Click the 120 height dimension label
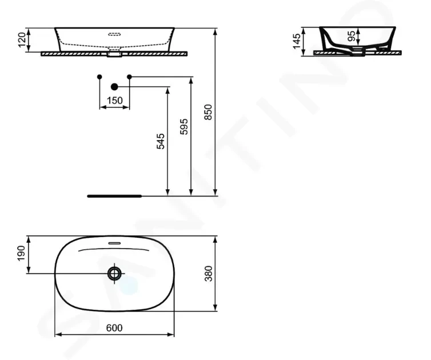point(22,40)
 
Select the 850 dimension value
point(209,112)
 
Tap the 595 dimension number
point(184,126)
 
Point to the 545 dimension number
point(161,141)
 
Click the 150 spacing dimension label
point(115,101)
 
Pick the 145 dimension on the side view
point(297,42)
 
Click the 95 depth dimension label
point(352,36)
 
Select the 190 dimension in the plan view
point(21,253)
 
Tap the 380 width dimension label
point(209,274)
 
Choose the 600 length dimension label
point(114,328)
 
